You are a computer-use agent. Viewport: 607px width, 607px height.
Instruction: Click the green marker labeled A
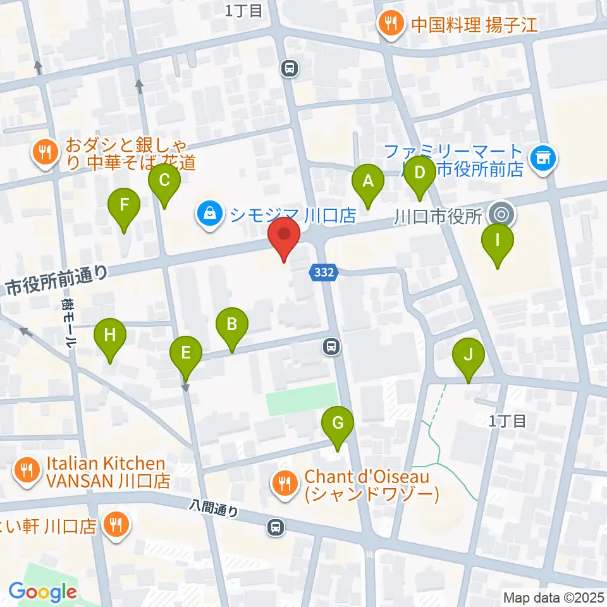367,181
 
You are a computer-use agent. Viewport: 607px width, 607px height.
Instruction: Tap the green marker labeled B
232,325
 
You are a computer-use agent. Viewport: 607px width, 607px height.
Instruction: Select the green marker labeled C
164,181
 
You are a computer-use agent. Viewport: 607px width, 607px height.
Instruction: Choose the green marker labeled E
185,353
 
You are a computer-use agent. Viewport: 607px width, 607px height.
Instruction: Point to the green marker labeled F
124,205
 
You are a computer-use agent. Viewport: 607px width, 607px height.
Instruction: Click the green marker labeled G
338,424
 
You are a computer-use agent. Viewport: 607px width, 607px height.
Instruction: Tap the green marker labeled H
110,335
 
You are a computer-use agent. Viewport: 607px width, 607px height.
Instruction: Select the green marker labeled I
498,242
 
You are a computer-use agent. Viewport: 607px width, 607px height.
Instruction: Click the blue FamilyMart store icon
543,157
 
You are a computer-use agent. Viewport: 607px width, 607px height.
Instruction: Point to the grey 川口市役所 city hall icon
501,214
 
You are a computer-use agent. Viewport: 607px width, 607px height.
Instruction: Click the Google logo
43,592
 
